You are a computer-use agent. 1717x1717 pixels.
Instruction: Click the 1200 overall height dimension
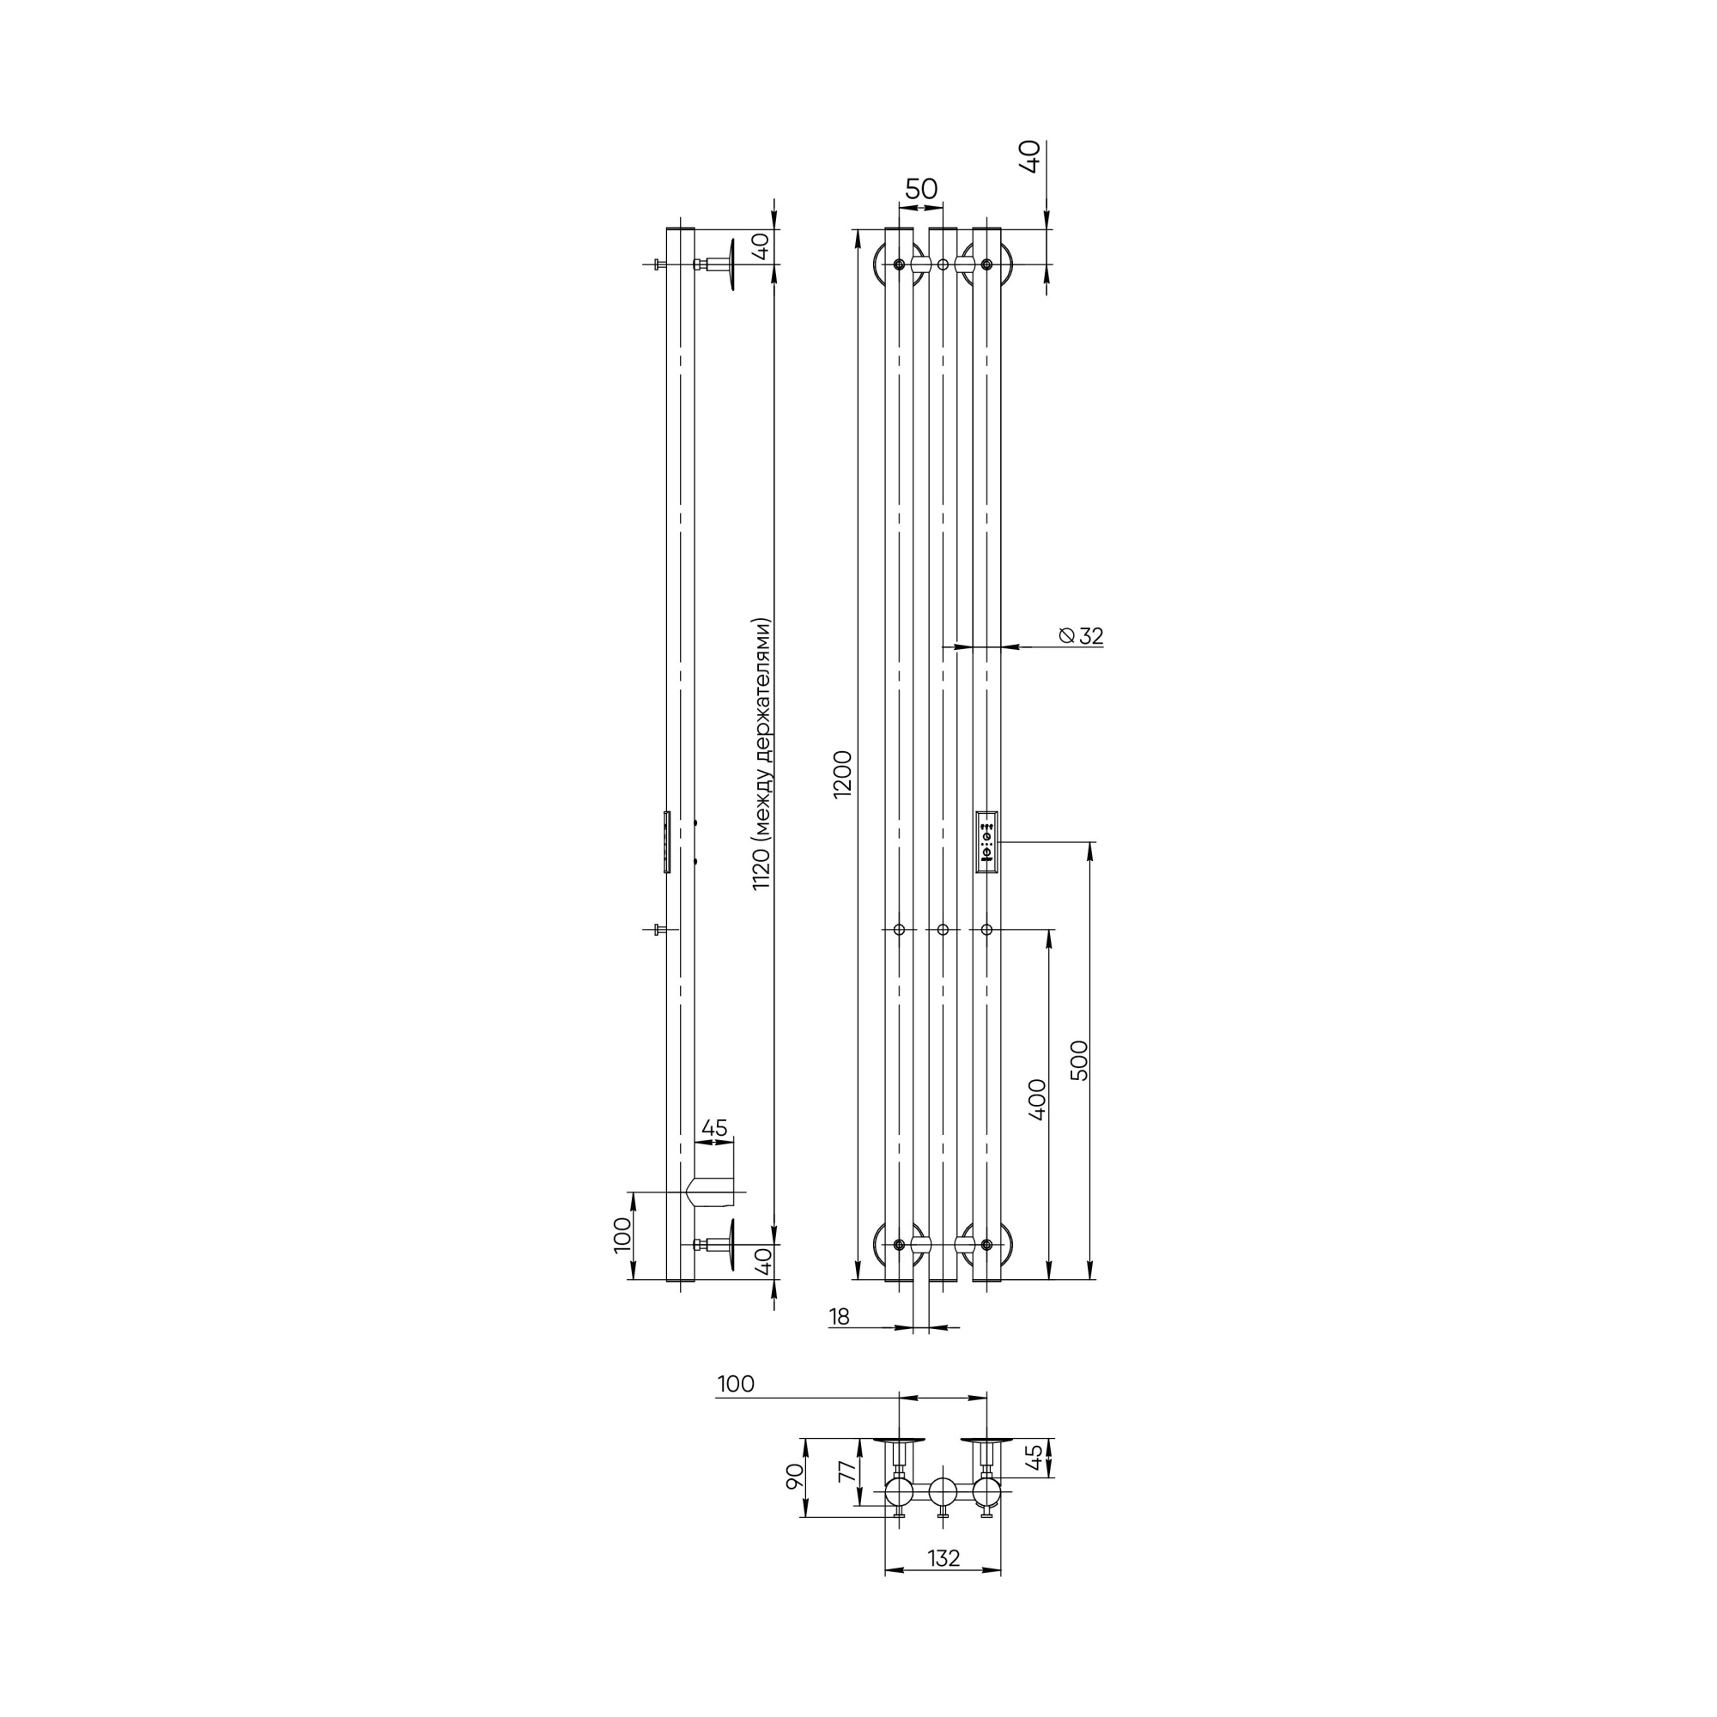coord(842,774)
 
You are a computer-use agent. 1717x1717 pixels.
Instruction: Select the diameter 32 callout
coord(1082,635)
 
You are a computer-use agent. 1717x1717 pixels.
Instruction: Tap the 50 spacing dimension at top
coord(920,188)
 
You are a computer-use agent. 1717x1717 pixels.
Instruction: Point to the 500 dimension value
coord(1079,1059)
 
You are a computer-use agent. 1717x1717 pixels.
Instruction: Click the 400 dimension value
coord(1037,1099)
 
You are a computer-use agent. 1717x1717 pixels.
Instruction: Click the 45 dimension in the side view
coord(713,1128)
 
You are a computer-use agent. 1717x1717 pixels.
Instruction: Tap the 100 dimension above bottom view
coord(735,1384)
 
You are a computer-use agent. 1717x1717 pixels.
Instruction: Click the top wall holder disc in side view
coord(730,264)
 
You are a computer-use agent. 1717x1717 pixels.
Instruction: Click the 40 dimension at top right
coord(1031,156)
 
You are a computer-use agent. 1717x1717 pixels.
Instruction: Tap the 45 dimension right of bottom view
coord(1034,1458)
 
